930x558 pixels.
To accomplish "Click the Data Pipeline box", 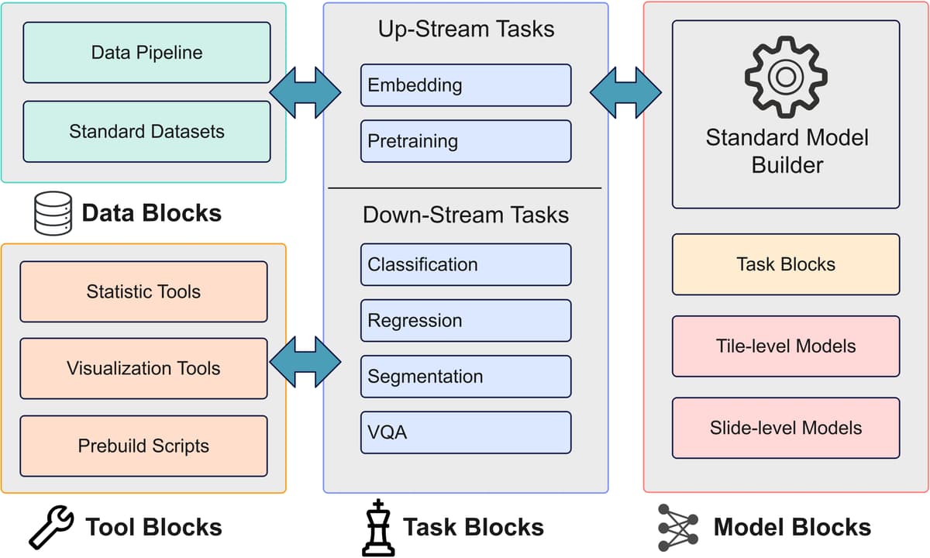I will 146,53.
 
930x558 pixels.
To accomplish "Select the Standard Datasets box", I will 146,132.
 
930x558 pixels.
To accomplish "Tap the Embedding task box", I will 465,85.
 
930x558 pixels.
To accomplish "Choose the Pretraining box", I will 465,141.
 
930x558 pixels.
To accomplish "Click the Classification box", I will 465,264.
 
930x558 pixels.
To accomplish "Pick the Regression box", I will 465,321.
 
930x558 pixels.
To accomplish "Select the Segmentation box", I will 465,377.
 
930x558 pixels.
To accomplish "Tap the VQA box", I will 465,432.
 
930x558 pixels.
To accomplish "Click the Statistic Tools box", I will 143,291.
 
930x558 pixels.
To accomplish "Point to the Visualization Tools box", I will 143,368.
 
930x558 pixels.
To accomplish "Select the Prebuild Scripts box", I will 143,446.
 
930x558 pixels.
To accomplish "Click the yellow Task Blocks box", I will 785,264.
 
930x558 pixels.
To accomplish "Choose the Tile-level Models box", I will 785,346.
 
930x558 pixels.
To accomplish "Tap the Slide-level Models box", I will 785,427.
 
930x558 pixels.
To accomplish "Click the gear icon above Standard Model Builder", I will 785,77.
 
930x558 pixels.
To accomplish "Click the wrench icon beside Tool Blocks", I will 51,528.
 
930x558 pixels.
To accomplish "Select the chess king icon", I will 377,528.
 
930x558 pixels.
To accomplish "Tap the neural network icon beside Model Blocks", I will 677,528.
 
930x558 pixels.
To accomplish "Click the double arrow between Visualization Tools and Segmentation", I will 305,360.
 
